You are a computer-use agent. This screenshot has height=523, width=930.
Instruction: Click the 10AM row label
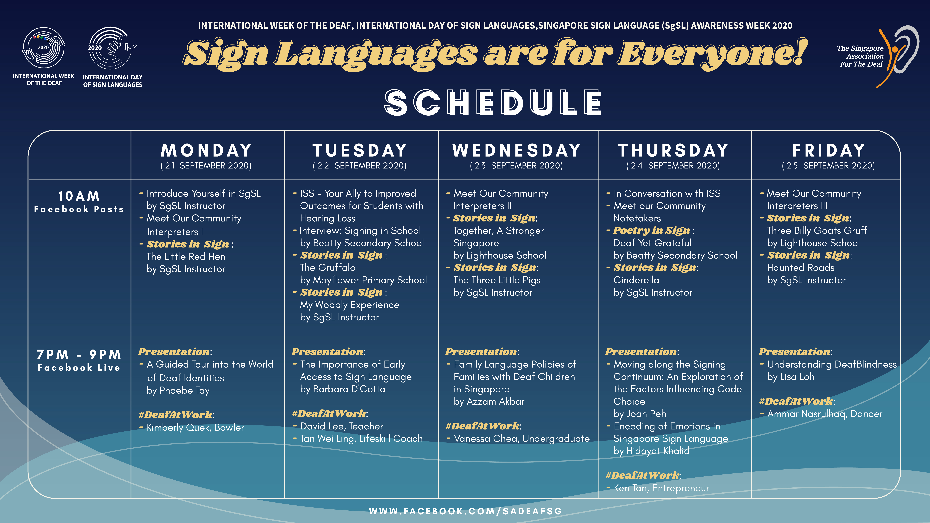coord(79,196)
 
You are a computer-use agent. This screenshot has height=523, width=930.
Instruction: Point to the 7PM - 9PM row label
coord(79,354)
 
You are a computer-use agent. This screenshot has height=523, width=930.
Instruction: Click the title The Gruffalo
coord(327,267)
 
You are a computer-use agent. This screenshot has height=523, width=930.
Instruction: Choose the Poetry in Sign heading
coord(652,230)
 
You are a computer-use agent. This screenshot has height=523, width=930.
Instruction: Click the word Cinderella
coord(636,280)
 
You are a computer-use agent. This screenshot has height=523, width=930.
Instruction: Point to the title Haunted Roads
coord(801,267)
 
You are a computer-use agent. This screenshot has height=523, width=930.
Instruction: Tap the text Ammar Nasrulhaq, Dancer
coord(825,414)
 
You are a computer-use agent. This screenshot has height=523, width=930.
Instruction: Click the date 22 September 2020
coord(360,166)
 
